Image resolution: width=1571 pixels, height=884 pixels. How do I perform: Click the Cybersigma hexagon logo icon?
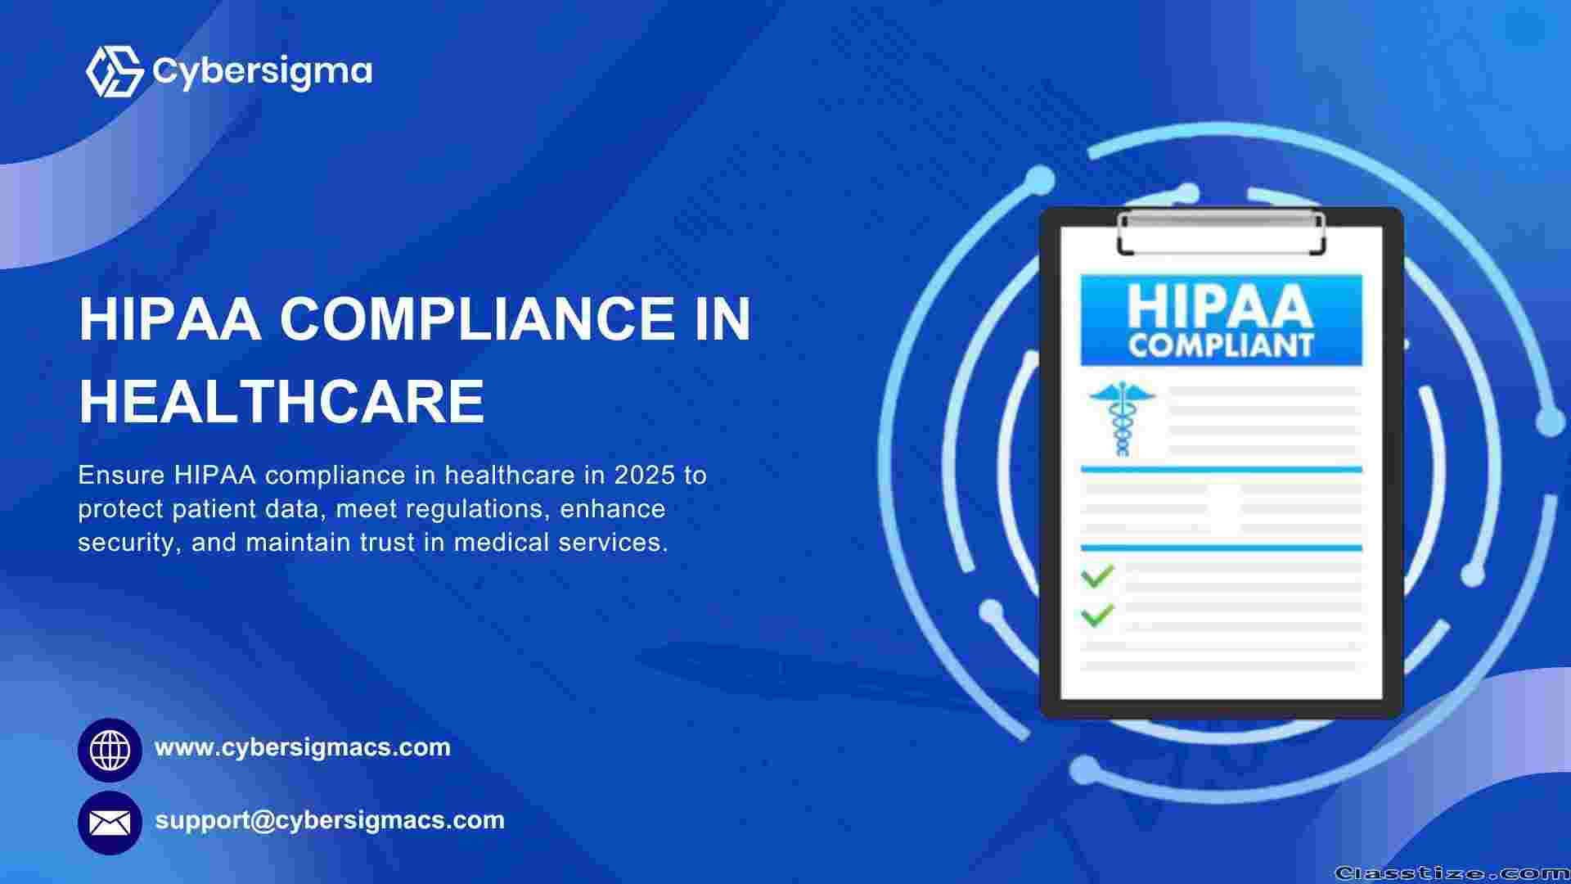(x=115, y=71)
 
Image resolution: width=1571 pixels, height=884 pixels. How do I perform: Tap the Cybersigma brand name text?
(x=263, y=71)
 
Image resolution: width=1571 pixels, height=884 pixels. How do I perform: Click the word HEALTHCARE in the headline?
(x=282, y=401)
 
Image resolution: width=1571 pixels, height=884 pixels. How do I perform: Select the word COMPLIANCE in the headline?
(x=477, y=318)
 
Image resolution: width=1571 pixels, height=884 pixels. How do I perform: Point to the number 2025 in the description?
(x=645, y=475)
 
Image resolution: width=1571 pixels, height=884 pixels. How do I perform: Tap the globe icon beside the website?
(x=110, y=750)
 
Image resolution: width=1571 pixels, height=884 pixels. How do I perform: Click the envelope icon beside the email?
(x=110, y=823)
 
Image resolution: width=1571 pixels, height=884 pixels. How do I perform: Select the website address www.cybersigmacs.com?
(x=303, y=746)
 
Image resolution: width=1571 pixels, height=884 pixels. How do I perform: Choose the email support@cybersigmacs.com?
(x=330, y=820)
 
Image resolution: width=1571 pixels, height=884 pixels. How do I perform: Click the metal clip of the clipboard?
(x=1221, y=232)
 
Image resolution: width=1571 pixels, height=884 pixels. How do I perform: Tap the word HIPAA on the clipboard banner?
(x=1220, y=305)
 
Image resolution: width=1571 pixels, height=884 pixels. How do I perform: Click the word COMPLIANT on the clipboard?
(x=1221, y=345)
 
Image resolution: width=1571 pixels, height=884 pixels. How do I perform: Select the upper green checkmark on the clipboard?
(x=1098, y=575)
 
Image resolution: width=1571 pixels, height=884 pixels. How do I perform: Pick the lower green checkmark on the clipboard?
(x=1098, y=615)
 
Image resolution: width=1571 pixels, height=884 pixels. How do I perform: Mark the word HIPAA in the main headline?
(x=170, y=318)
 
